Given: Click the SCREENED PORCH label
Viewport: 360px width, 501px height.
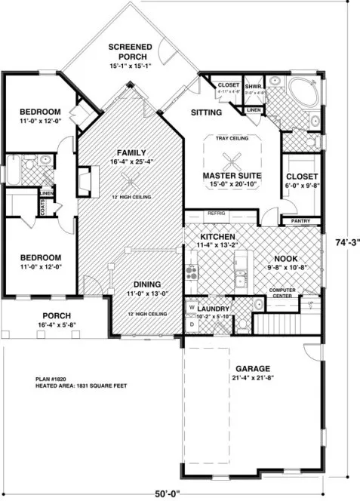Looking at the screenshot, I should click(131, 48).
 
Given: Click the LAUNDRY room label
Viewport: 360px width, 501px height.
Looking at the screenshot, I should click(216, 308).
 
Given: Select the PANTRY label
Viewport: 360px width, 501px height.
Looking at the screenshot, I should click(300, 221).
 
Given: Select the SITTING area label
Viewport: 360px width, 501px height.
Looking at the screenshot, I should click(207, 113).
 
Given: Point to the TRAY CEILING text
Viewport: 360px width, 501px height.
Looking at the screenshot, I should click(234, 138).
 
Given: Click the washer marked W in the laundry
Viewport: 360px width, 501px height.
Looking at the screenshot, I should click(192, 309).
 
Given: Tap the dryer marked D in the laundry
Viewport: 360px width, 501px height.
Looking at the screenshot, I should click(192, 324).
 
